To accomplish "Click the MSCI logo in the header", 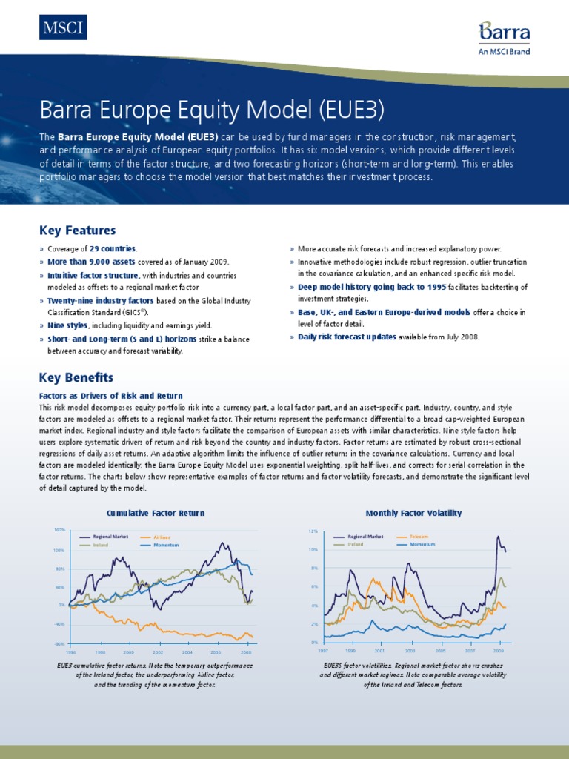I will pos(63,28).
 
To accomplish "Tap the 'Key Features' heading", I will pos(77,231).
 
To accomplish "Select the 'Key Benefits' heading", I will pos(76,377).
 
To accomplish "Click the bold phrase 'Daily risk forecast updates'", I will pos(347,337).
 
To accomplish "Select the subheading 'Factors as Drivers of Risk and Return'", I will pos(110,396).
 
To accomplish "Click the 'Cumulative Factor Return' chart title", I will pos(156,513).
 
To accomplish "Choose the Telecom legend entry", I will pos(419,536).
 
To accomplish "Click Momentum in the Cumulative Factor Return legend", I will pos(166,545).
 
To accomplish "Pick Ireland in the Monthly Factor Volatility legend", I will pos(356,544).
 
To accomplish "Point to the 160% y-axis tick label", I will pos(59,530).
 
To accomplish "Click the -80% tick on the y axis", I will pos(60,644).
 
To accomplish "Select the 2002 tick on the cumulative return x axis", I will pos(158,652).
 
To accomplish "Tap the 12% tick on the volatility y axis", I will pos(313,531).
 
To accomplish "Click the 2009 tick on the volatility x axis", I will pos(499,651).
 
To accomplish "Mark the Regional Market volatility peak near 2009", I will pos(498,536).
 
